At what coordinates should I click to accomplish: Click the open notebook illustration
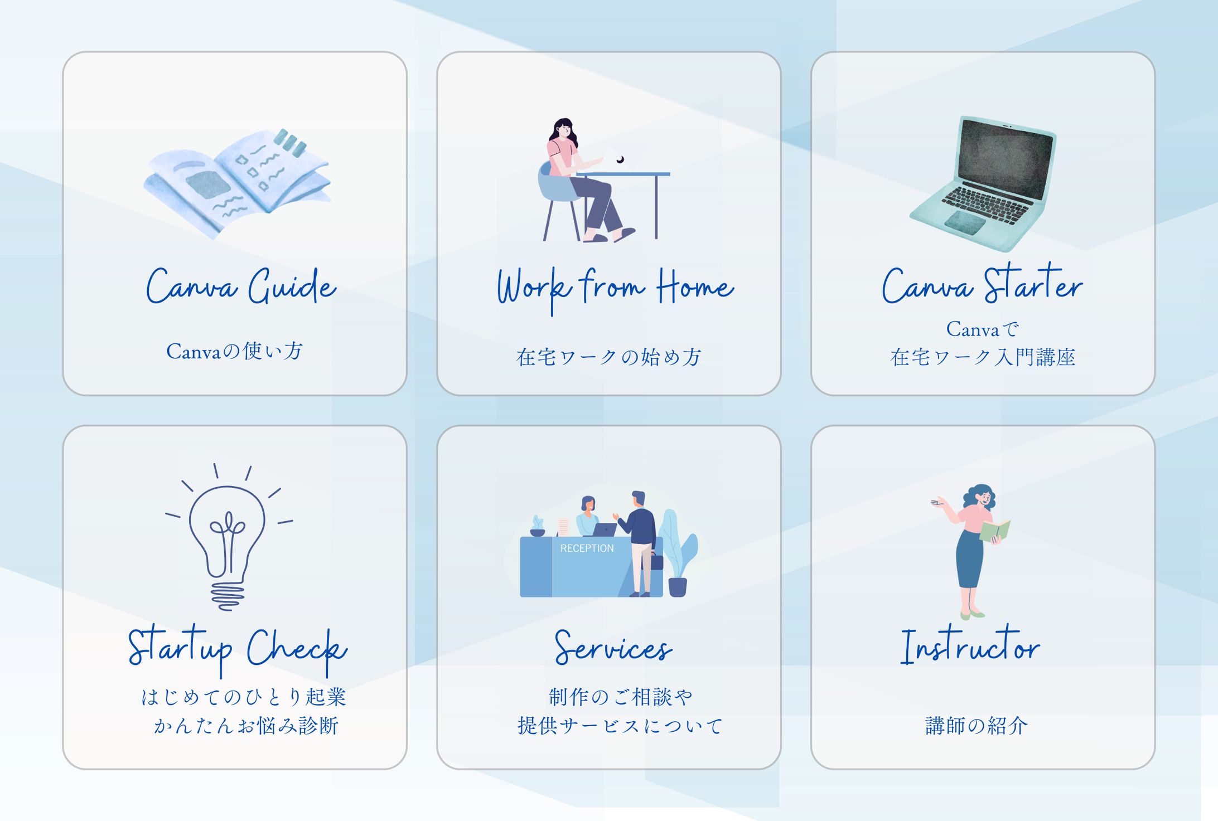click(237, 184)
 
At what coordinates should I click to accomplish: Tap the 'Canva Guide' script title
click(241, 286)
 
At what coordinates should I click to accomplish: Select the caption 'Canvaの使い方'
click(234, 351)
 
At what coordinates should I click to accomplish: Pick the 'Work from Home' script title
click(615, 289)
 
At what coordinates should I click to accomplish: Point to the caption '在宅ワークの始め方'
click(608, 357)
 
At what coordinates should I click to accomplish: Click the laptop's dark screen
click(1006, 158)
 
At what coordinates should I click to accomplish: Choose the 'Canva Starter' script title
click(983, 284)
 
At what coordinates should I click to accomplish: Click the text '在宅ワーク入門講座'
click(983, 357)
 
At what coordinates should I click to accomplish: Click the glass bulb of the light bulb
click(227, 529)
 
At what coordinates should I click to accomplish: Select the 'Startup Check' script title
click(238, 650)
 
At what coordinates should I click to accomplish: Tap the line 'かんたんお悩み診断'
click(246, 726)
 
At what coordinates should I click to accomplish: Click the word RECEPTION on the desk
click(587, 548)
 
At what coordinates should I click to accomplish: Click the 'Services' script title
click(613, 648)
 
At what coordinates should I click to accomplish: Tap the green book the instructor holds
click(995, 531)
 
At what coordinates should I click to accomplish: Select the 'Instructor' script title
click(970, 647)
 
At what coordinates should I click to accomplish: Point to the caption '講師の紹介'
click(977, 726)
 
